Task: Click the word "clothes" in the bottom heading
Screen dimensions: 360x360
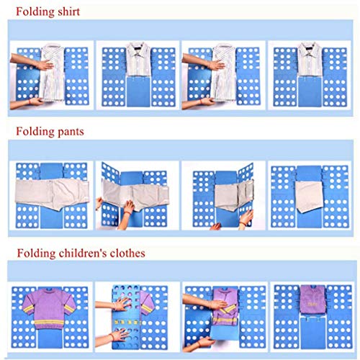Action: click(x=127, y=253)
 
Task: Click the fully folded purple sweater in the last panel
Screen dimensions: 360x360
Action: click(x=312, y=300)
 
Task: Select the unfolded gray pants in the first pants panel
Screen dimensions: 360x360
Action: click(x=52, y=194)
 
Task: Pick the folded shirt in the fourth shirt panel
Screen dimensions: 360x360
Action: click(x=310, y=59)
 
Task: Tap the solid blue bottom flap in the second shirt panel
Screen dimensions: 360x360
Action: click(x=138, y=91)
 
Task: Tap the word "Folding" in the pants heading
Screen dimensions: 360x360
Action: click(x=35, y=132)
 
